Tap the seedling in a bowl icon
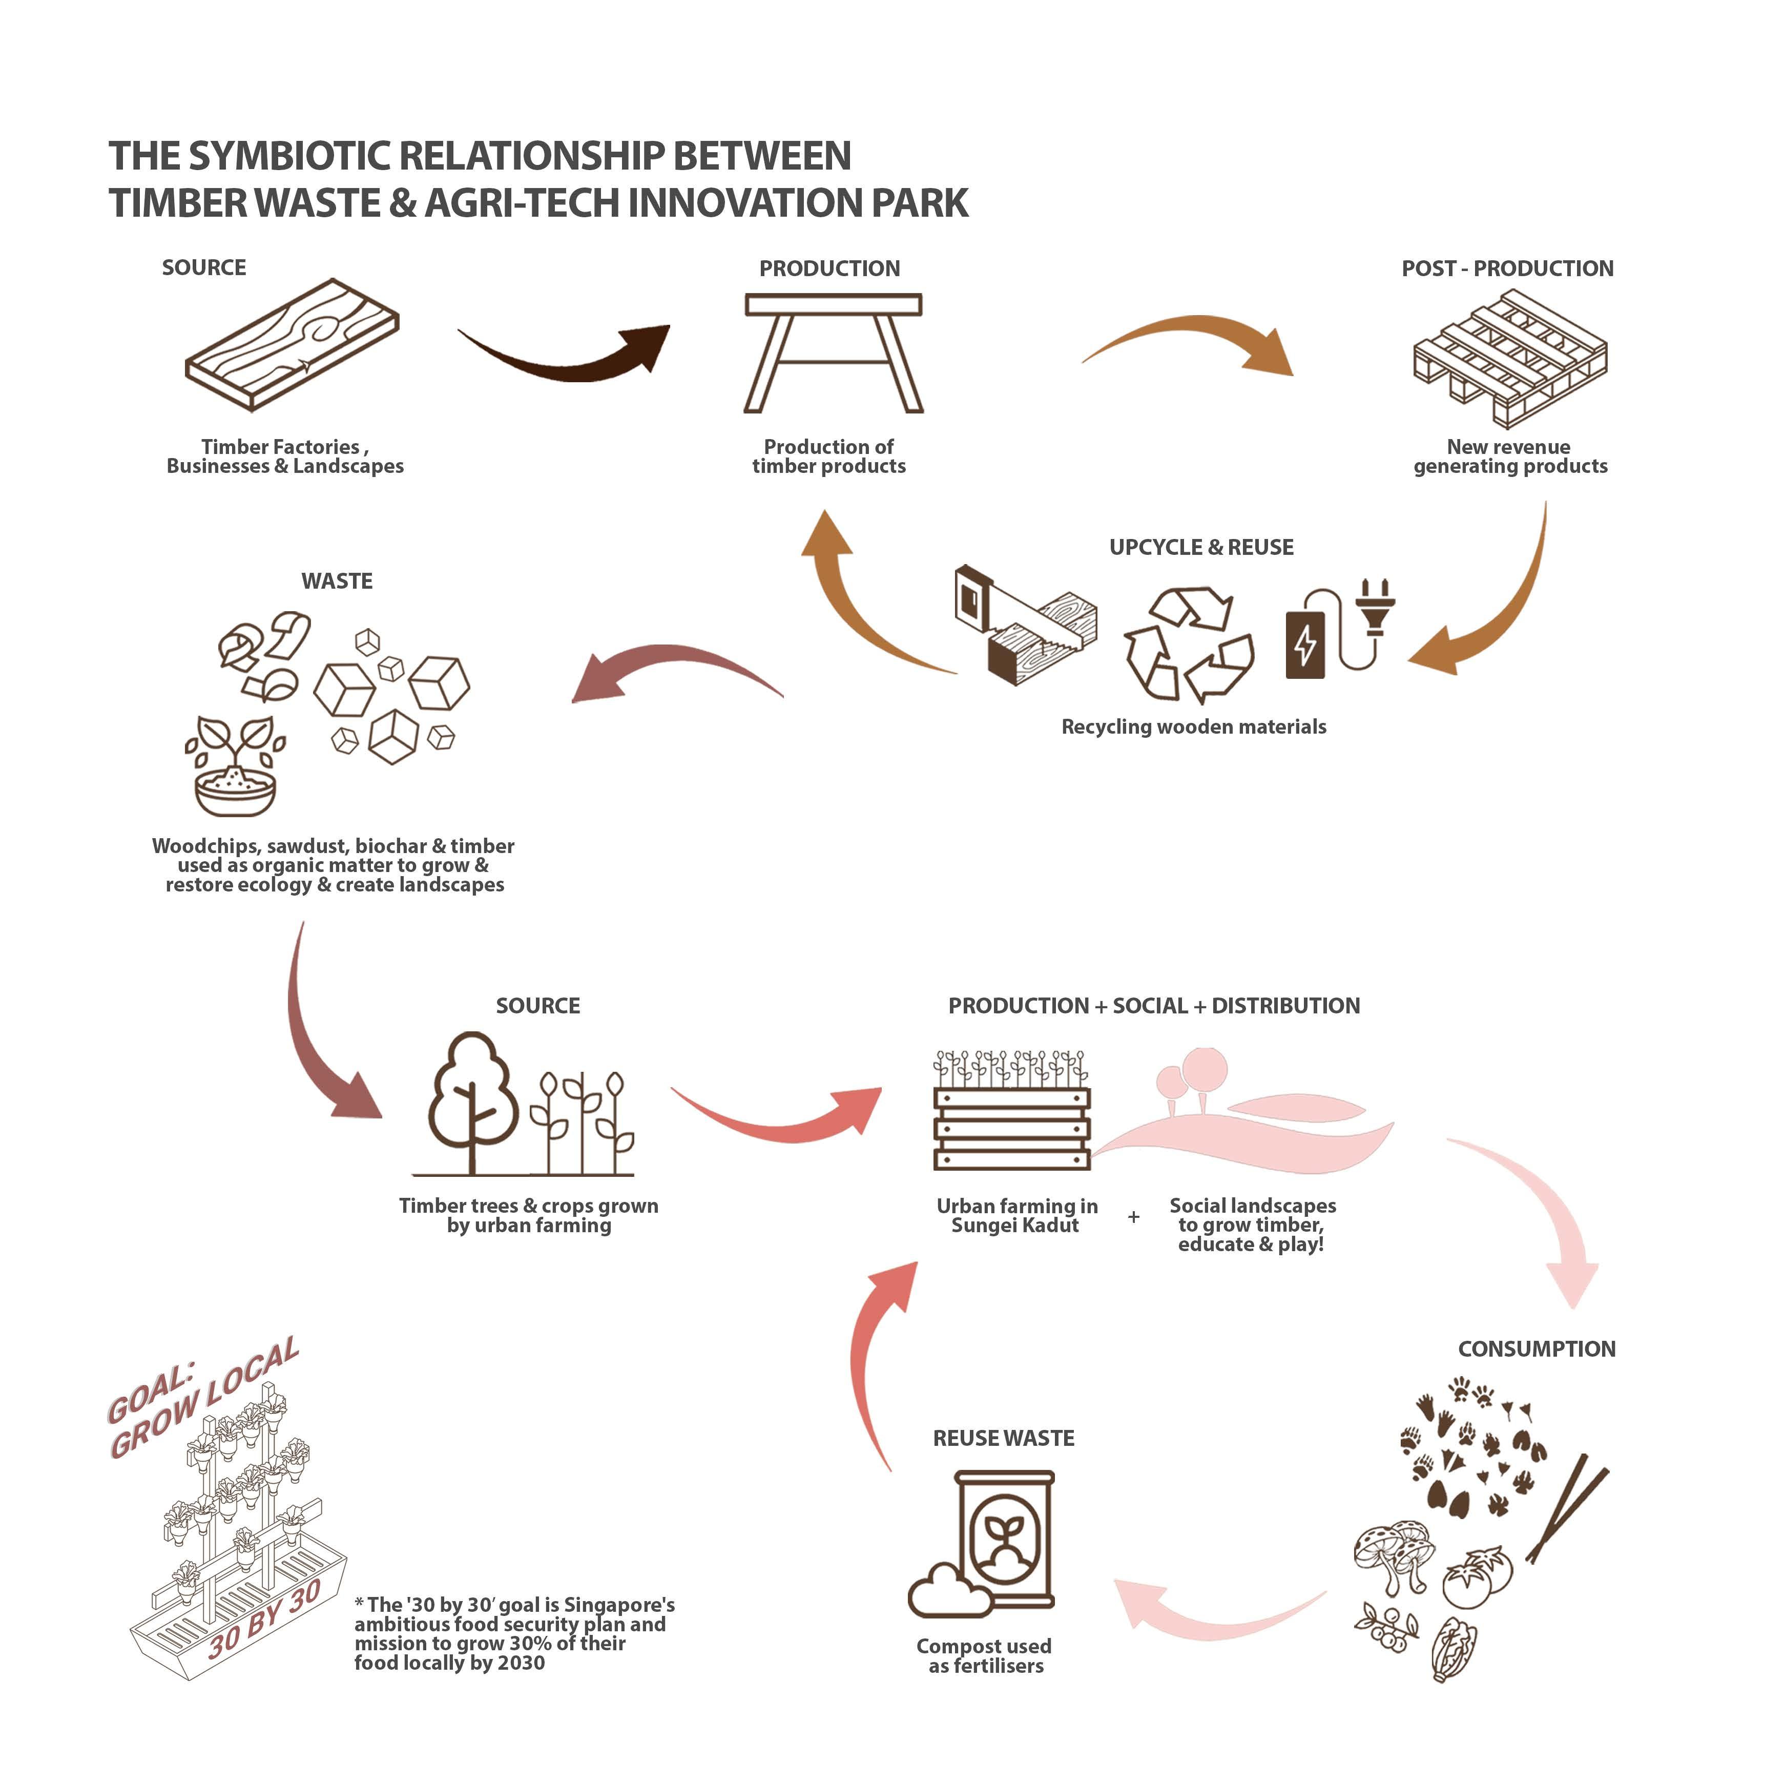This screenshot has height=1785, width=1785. tap(235, 767)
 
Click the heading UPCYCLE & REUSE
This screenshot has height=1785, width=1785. tap(1201, 547)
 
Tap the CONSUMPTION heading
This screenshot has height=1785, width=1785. tap(1537, 1349)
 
